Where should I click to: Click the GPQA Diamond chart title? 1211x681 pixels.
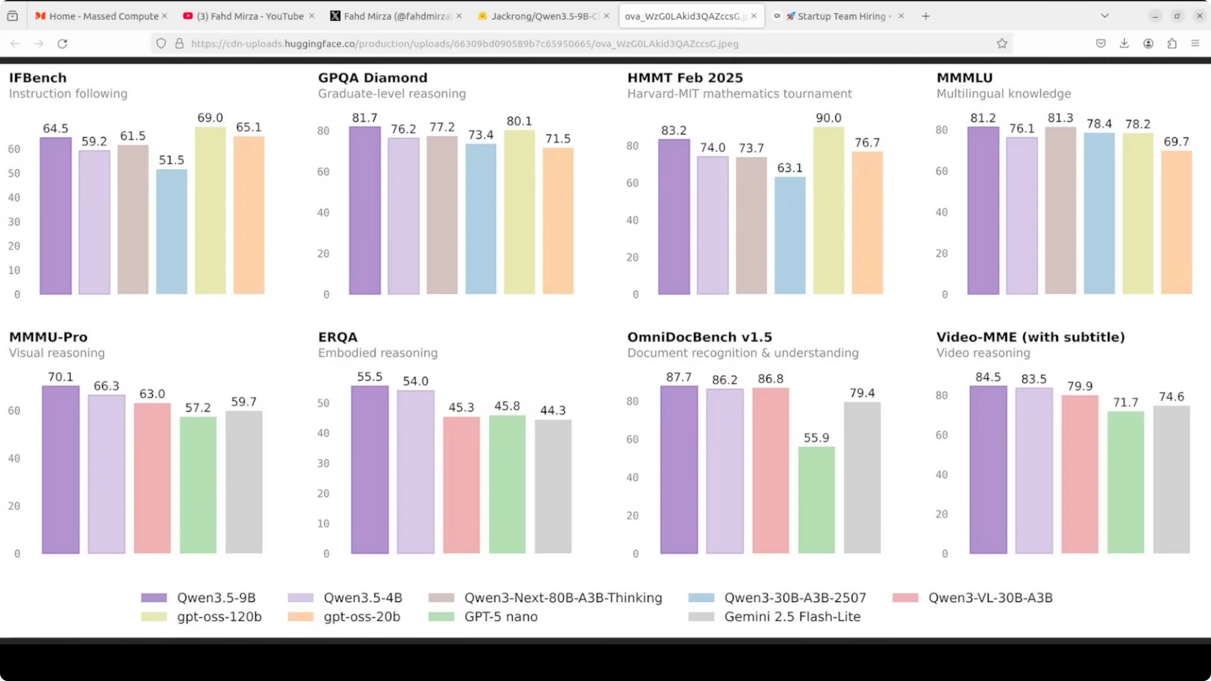[x=372, y=78]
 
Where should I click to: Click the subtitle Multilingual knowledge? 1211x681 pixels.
[x=1003, y=93]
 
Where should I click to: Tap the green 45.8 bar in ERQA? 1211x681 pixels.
[x=507, y=484]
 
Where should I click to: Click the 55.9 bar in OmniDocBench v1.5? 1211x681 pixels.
[x=816, y=500]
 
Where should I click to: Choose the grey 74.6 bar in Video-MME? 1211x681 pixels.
[x=1171, y=479]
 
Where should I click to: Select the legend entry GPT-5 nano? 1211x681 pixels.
[x=500, y=617]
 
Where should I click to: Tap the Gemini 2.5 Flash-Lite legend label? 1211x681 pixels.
[x=792, y=617]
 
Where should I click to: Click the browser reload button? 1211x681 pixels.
[x=62, y=44]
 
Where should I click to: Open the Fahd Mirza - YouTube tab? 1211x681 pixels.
[x=249, y=16]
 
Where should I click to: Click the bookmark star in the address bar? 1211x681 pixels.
[x=1002, y=44]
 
